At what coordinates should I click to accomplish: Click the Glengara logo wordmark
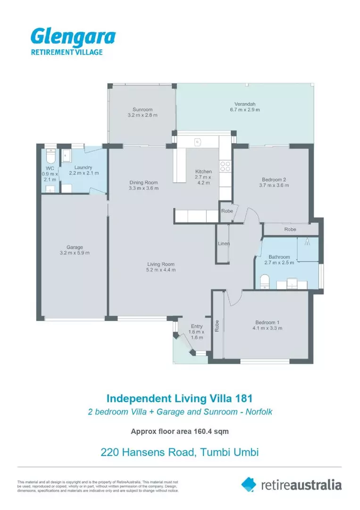(73, 37)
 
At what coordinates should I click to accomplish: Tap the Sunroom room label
(142, 110)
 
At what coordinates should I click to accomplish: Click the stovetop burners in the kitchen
(226, 166)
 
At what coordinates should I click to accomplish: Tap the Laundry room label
(84, 167)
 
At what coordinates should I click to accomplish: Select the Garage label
(75, 247)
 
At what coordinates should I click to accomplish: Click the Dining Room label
(144, 182)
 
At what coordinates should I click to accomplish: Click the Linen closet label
(223, 244)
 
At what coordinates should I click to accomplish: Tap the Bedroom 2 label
(274, 179)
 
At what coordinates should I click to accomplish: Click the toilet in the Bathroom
(264, 281)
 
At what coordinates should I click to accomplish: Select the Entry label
(197, 326)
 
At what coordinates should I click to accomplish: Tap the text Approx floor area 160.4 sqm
(180, 431)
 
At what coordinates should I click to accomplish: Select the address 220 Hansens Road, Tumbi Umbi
(180, 452)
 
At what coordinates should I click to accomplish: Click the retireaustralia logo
(291, 484)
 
